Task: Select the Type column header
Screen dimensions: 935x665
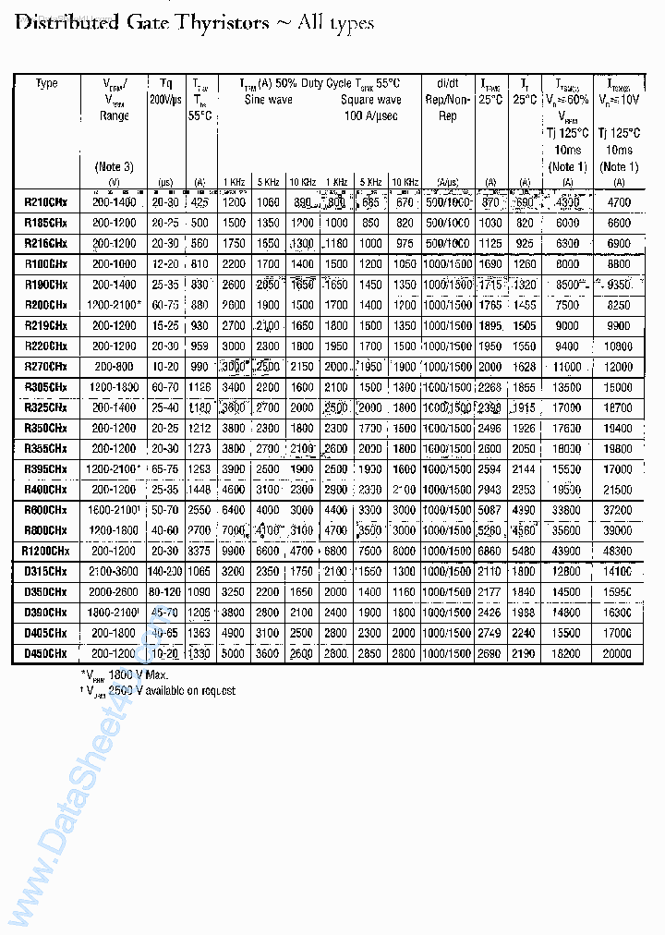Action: pyautogui.click(x=46, y=83)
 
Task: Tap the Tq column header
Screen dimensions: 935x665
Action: pyautogui.click(x=166, y=83)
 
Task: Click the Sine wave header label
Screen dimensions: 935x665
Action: pyautogui.click(x=268, y=100)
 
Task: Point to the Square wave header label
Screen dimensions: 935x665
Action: pyautogui.click(x=370, y=100)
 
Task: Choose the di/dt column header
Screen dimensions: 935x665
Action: pyautogui.click(x=447, y=83)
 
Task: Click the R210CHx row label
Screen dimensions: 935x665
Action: pyautogui.click(x=46, y=201)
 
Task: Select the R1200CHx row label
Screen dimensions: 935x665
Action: pyautogui.click(x=46, y=551)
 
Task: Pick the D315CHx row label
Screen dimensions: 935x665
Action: pyautogui.click(x=46, y=572)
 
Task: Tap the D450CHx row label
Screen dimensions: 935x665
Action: pyautogui.click(x=46, y=653)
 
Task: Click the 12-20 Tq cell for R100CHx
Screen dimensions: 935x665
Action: pyautogui.click(x=166, y=264)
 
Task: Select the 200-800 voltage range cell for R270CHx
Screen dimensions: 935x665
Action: pyautogui.click(x=115, y=367)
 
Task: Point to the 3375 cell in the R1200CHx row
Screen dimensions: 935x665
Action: pyautogui.click(x=200, y=551)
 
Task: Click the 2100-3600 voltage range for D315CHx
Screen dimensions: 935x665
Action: pyautogui.click(x=115, y=572)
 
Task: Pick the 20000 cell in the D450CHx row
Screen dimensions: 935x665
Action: pyautogui.click(x=618, y=653)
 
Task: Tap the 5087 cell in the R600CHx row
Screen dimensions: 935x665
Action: pyautogui.click(x=490, y=510)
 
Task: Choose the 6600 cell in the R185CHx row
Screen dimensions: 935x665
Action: pyautogui.click(x=618, y=223)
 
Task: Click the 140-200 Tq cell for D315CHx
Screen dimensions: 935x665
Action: pyautogui.click(x=166, y=572)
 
